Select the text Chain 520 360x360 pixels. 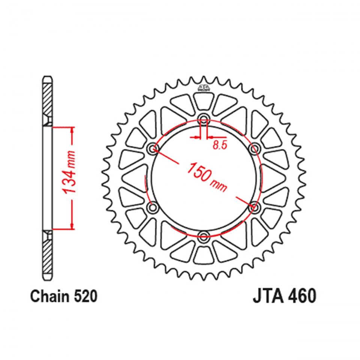[64, 297]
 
